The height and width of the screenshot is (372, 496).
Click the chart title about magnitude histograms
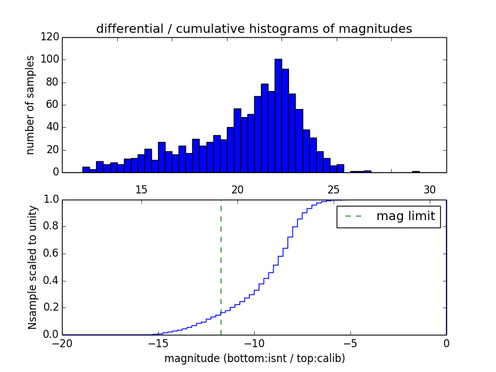coord(254,29)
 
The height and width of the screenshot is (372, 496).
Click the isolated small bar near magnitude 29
coord(415,171)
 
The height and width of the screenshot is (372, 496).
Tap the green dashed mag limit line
coord(221,267)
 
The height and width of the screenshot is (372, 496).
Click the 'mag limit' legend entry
coord(388,216)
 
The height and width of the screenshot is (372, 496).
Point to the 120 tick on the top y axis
coord(51,37)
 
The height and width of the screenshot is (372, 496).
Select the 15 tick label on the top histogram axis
coord(141,190)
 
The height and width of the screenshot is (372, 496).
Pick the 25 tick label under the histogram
coord(334,190)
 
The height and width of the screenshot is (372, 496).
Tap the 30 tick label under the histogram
coord(430,190)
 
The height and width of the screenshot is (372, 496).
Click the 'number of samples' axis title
coord(30,105)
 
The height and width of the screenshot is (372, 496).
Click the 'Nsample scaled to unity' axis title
coord(32,267)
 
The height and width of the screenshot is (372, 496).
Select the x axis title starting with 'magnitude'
coord(254,358)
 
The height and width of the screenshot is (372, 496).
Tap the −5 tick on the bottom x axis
coord(350,343)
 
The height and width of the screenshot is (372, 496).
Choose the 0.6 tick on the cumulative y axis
coord(51,254)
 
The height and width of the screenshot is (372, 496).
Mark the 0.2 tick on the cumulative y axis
coord(51,308)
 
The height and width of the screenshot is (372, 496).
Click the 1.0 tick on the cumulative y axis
coord(51,200)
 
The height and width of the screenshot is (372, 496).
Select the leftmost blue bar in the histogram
coord(86,169)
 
